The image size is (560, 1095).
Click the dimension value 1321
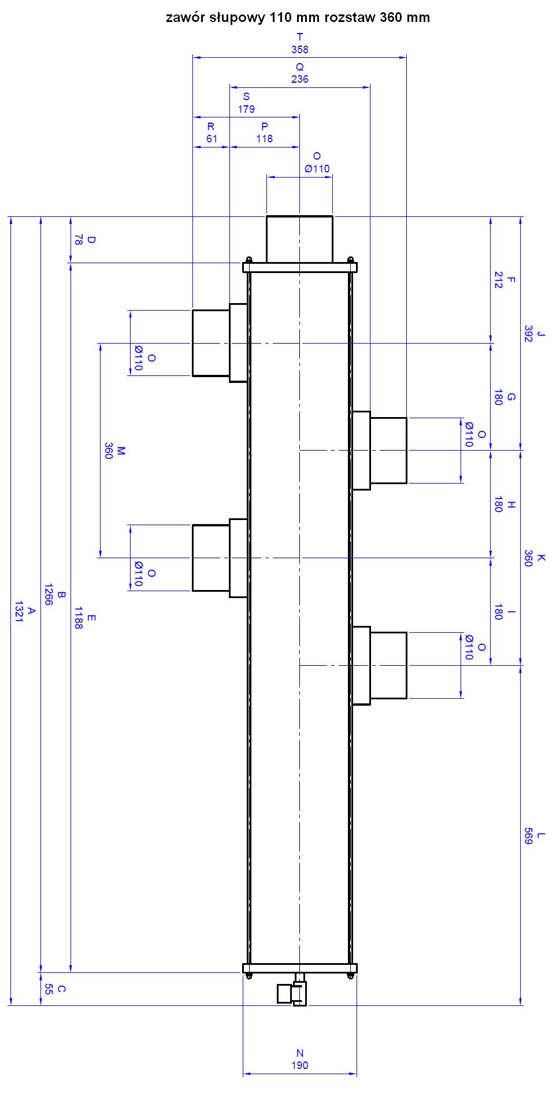point(19,611)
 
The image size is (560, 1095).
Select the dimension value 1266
point(49,594)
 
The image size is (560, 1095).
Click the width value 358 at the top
point(299,50)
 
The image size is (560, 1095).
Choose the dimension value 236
point(299,79)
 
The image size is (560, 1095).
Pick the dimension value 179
point(246,109)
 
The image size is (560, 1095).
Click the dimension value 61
point(212,138)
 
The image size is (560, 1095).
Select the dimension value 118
point(265,138)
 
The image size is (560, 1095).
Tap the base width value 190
point(299,1065)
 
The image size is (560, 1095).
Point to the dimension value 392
point(528,334)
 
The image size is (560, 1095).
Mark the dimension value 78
point(78,240)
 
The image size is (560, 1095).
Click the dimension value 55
point(49,989)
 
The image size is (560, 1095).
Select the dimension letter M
point(121,450)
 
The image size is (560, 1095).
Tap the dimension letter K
point(541,558)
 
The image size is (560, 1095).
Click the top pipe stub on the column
point(299,239)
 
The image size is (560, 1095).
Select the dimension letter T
point(299,37)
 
